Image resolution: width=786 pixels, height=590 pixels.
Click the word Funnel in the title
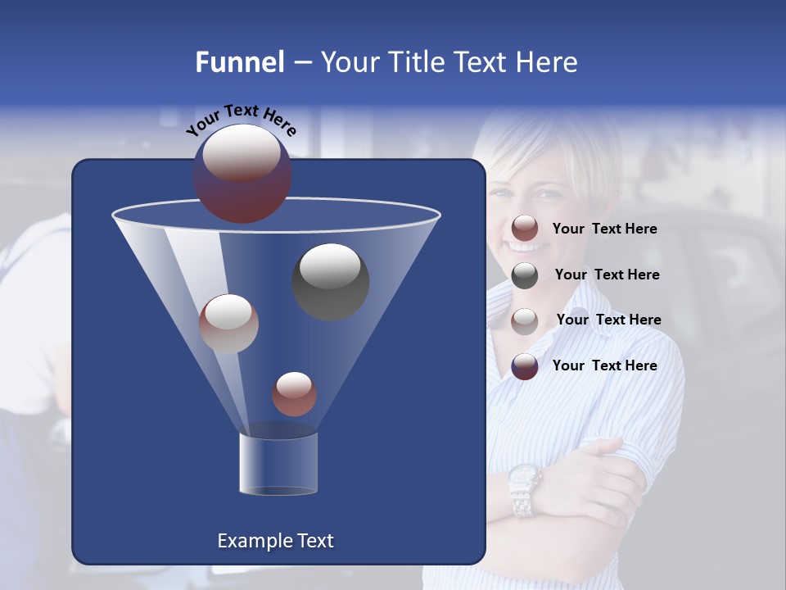click(x=239, y=62)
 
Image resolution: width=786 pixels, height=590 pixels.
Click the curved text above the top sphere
click(x=241, y=119)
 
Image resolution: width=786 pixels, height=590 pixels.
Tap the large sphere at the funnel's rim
click(x=242, y=173)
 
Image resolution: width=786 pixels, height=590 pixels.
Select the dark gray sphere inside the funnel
click(x=331, y=281)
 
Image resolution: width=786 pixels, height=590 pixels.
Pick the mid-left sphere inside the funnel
click(x=228, y=324)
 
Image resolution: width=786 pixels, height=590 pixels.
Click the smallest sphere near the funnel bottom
click(x=294, y=393)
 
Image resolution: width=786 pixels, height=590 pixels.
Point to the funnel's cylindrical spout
click(x=278, y=463)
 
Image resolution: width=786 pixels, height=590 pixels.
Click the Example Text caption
click(x=275, y=541)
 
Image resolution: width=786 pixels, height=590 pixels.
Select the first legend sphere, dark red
click(x=525, y=229)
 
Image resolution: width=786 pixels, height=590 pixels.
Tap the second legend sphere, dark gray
click(x=525, y=275)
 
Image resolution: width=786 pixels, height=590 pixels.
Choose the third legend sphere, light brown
click(x=525, y=320)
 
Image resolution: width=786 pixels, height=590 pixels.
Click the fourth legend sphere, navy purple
click(x=525, y=366)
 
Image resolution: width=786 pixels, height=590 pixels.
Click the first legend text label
click(x=604, y=229)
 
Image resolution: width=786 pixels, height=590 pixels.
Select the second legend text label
click(x=607, y=275)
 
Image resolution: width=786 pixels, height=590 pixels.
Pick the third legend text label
click(x=608, y=320)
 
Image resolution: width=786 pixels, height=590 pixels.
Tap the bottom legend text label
click(x=604, y=365)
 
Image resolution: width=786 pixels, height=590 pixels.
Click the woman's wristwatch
click(x=523, y=489)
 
